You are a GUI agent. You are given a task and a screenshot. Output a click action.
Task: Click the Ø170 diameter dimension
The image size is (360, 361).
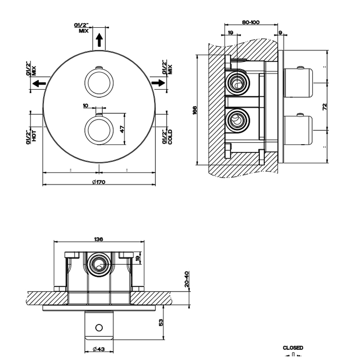pos(99,181)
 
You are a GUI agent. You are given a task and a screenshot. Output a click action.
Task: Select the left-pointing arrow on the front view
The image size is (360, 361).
pos(41,83)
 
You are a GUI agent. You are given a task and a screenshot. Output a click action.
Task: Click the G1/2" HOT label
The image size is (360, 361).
pos(32,136)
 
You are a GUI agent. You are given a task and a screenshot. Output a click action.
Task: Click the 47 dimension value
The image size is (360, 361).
pos(122,129)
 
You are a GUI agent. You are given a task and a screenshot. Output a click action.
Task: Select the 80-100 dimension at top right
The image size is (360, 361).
pos(250,22)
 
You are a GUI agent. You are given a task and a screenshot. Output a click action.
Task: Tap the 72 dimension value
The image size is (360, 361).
pos(324,107)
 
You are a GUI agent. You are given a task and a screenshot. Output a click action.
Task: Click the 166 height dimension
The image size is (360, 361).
pos(195,110)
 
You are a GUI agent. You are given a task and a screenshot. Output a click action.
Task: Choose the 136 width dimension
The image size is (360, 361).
pos(99,239)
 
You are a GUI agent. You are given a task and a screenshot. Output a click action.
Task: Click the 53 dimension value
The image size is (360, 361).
pos(161,322)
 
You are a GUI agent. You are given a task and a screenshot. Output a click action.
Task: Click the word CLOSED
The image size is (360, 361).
pos(293,348)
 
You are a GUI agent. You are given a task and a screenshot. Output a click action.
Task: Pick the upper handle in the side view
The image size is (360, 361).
pos(297,82)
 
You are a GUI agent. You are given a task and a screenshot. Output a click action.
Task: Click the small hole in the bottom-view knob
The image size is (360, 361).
pos(99,328)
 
